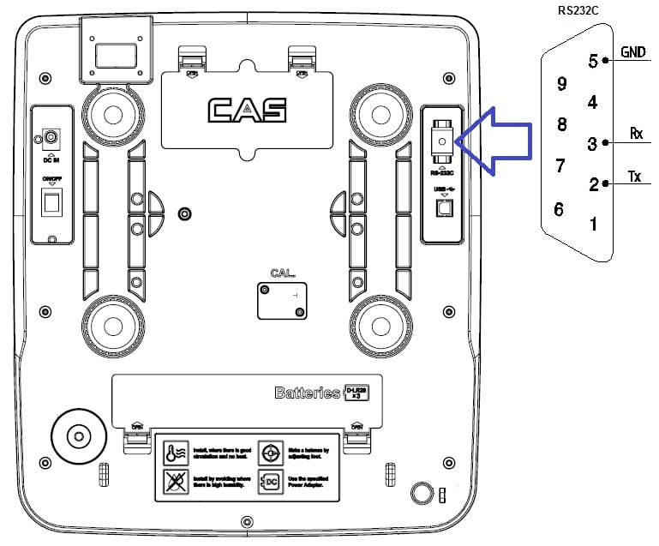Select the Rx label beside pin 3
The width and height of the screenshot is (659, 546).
[636, 133]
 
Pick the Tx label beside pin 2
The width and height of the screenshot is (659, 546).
[635, 177]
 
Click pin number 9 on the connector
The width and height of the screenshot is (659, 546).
[562, 84]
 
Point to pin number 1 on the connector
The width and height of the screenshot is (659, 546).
[593, 225]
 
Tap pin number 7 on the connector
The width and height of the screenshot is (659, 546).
[560, 165]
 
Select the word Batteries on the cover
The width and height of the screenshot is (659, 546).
[307, 393]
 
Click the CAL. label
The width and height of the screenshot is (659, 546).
[282, 274]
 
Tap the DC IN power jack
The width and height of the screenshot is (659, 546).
[51, 137]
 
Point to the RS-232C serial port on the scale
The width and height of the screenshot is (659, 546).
[440, 140]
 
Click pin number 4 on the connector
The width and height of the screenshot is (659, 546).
[591, 102]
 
